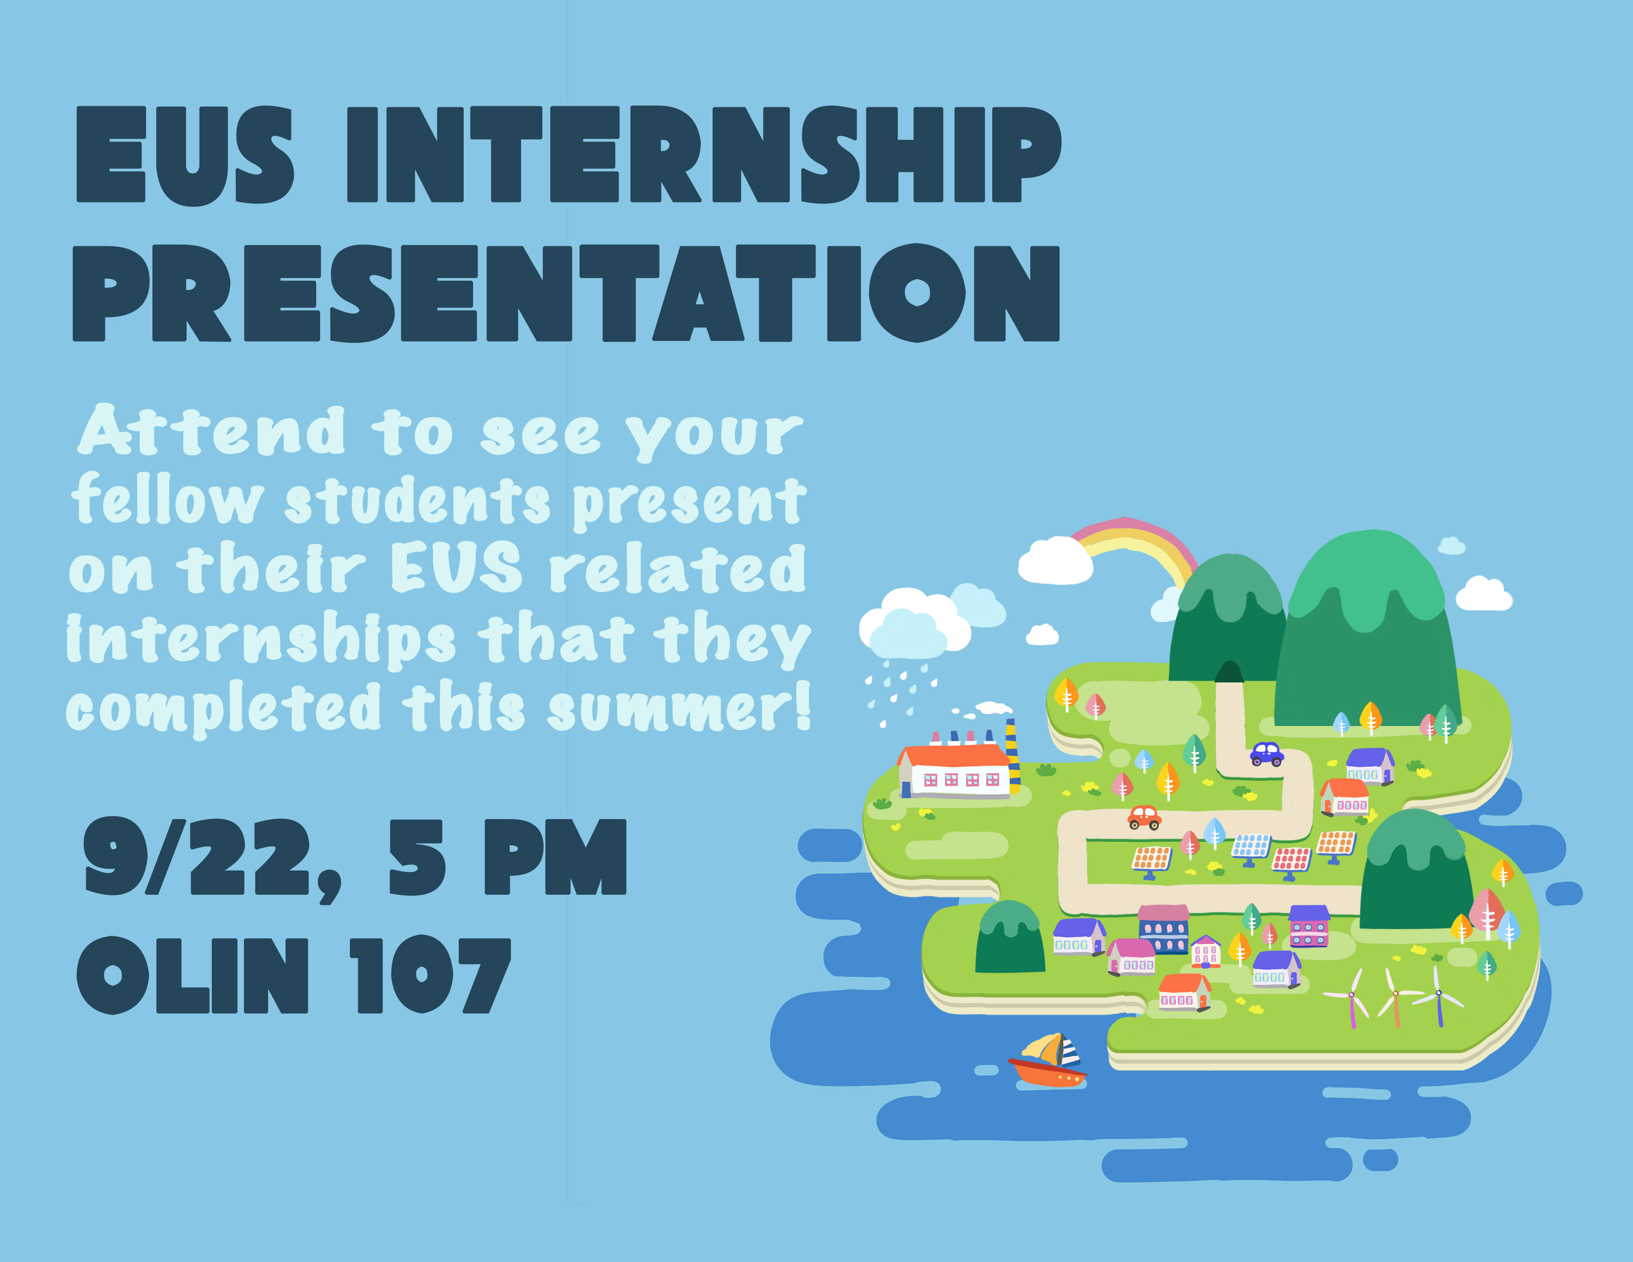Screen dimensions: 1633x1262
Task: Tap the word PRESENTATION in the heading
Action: (x=566, y=293)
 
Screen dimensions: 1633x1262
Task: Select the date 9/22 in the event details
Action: (x=196, y=857)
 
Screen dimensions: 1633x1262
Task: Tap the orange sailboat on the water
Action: (x=1048, y=1060)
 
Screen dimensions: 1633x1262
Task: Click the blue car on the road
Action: (x=1267, y=754)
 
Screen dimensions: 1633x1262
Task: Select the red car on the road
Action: (x=1144, y=817)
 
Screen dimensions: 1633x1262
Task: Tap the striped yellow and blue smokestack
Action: (x=1012, y=755)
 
